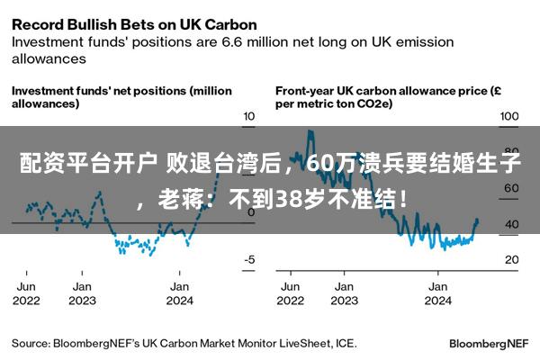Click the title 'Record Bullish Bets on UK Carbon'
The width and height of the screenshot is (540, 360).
click(x=134, y=24)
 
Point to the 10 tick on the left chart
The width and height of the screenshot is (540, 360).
click(x=250, y=117)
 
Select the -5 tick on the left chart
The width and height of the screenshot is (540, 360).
click(x=250, y=259)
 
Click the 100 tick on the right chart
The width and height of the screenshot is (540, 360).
click(x=509, y=117)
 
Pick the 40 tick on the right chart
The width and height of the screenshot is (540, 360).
click(x=509, y=224)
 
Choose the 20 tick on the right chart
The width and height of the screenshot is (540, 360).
click(x=509, y=259)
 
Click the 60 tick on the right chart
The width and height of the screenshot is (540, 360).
click(x=509, y=188)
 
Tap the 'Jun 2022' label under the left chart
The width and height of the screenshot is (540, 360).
click(x=25, y=293)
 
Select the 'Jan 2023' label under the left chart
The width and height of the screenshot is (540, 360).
click(x=82, y=293)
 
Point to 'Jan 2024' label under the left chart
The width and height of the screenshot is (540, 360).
click(x=180, y=293)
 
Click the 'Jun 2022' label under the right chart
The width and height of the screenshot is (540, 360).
click(x=291, y=293)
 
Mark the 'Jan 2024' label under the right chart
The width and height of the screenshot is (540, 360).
click(x=437, y=293)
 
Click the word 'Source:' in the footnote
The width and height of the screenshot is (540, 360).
click(x=30, y=343)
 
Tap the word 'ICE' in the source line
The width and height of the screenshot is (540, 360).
click(x=345, y=343)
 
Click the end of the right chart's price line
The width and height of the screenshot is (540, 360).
click(x=477, y=220)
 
